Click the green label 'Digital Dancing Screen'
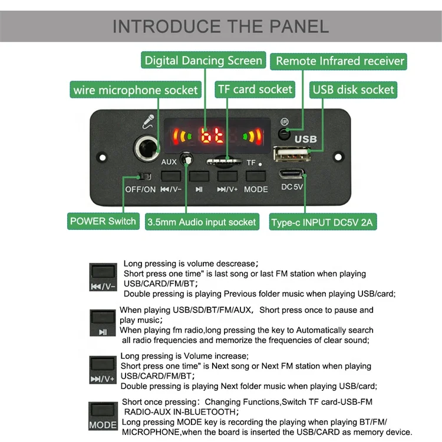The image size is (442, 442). click(x=203, y=61)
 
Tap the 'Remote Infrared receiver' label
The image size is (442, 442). click(x=340, y=61)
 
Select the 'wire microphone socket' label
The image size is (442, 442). click(x=135, y=90)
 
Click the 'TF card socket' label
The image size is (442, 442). click(x=255, y=90)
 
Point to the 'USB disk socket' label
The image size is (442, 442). click(x=353, y=90)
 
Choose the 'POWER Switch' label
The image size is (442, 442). click(x=103, y=222)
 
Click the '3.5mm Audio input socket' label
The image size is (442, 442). click(x=202, y=222)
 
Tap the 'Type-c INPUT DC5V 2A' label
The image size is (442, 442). click(x=323, y=223)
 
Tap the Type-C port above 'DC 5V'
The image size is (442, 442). click(x=292, y=174)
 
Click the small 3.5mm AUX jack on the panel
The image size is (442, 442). click(x=187, y=159)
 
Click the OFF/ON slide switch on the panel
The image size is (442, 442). click(x=143, y=176)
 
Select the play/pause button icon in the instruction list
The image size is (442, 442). click(x=103, y=322)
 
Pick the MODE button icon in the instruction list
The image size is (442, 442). click(x=103, y=415)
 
